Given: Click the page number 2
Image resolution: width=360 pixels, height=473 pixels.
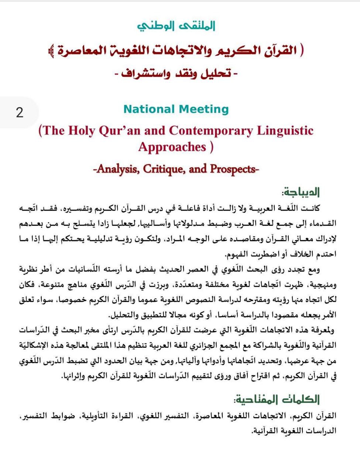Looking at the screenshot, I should click(x=20, y=112).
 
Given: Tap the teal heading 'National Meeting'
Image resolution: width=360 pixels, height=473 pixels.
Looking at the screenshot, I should click(x=176, y=109).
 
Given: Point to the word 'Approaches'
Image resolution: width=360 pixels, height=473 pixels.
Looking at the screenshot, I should click(x=172, y=147).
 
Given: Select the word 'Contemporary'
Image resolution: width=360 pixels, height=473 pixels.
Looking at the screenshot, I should click(x=211, y=130).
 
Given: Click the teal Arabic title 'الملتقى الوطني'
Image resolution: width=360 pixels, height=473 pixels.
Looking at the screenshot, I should click(x=176, y=26).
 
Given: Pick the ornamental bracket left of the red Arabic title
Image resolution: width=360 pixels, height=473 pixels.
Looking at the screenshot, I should click(x=51, y=51).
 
